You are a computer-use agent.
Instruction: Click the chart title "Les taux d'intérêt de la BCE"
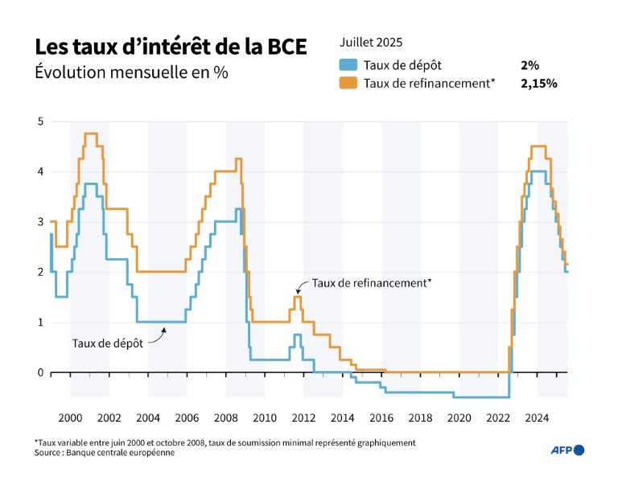pyautogui.click(x=170, y=47)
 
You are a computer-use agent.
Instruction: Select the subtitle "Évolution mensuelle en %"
pyautogui.click(x=131, y=72)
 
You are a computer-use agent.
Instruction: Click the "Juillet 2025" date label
pyautogui.click(x=371, y=42)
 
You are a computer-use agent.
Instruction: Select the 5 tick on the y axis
pyautogui.click(x=39, y=121)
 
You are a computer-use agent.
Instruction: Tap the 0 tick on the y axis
pyautogui.click(x=39, y=373)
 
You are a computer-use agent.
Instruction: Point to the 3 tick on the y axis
pyautogui.click(x=39, y=222)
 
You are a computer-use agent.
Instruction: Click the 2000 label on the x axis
pyautogui.click(x=70, y=418)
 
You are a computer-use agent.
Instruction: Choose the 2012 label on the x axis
pyautogui.click(x=303, y=418)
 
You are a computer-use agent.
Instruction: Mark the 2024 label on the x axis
pyautogui.click(x=537, y=418)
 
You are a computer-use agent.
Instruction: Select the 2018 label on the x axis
pyautogui.click(x=420, y=418)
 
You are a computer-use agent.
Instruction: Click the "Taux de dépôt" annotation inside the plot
pyautogui.click(x=107, y=343)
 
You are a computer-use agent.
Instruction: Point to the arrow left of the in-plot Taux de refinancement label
pyautogui.click(x=303, y=286)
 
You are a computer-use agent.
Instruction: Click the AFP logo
pyautogui.click(x=568, y=450)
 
